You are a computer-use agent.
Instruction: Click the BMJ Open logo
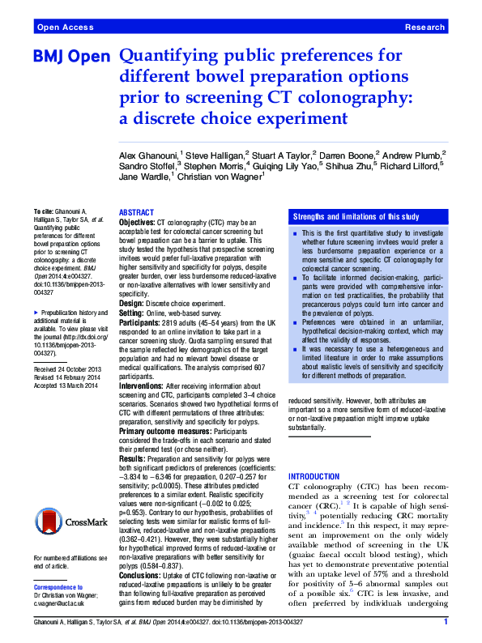(71, 57)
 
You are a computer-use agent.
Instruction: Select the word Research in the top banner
(424, 28)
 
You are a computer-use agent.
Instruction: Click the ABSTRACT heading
(136, 211)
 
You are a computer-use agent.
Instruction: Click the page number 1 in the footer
(446, 621)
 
